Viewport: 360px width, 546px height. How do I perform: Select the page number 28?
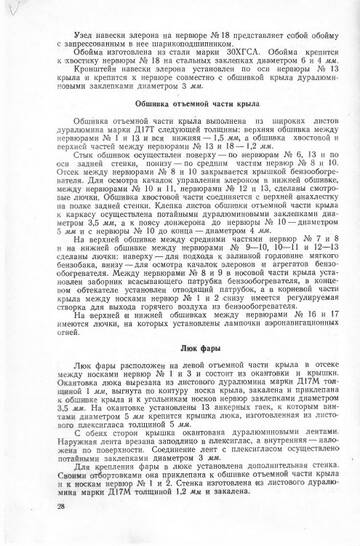(36, 511)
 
